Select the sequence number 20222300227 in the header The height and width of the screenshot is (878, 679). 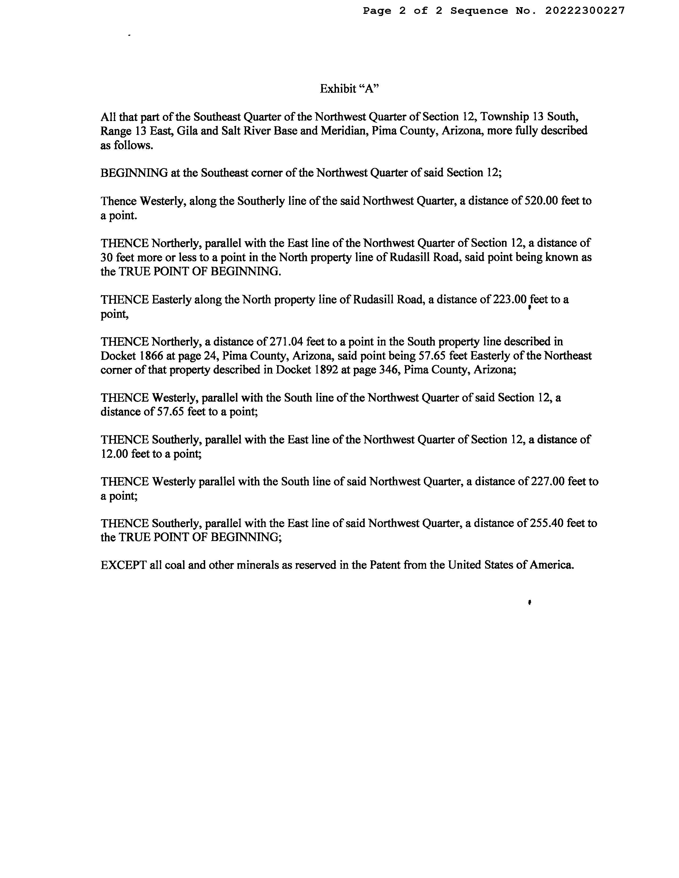click(x=585, y=11)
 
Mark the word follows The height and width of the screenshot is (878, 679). click(x=133, y=145)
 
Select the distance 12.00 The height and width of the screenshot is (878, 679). click(x=114, y=454)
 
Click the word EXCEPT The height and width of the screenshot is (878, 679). click(x=123, y=565)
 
